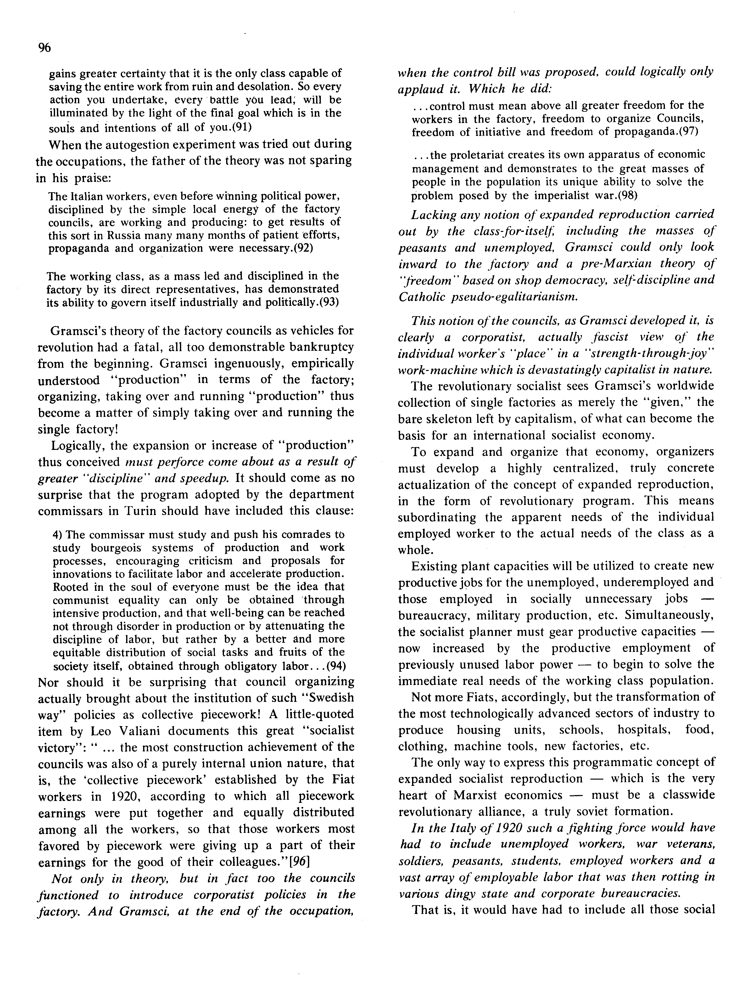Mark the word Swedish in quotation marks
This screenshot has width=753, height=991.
329,698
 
